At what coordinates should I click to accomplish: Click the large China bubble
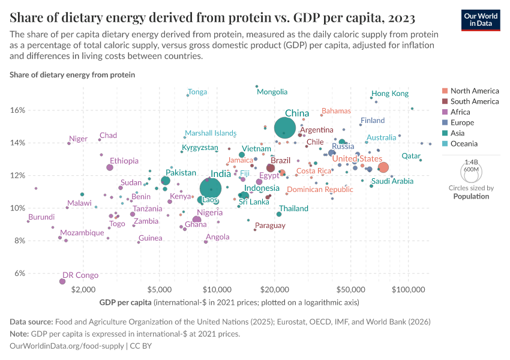click(285, 128)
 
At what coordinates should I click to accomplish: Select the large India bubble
click(210, 188)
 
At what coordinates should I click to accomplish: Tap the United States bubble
click(383, 167)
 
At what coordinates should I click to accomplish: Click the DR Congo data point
click(62, 281)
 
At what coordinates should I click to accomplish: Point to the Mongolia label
click(272, 92)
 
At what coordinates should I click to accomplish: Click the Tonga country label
click(197, 92)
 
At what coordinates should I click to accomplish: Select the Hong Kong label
click(389, 94)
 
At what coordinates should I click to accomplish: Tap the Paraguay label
click(270, 226)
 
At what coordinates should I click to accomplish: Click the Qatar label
click(411, 155)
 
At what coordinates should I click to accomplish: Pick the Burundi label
click(41, 217)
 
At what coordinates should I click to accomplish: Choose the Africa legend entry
click(461, 112)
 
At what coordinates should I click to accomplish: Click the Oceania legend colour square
click(445, 143)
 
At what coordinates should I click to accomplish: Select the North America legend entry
click(474, 91)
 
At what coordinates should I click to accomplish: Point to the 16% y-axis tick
click(17, 110)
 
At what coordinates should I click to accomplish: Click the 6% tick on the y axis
click(19, 273)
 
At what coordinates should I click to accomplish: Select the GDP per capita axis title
click(125, 301)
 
